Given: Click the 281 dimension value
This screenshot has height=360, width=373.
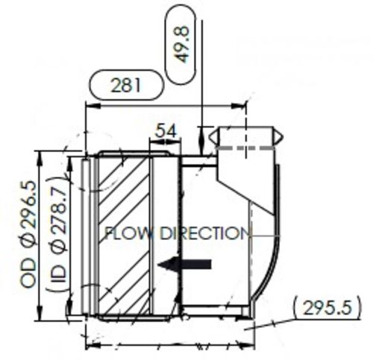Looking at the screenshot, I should (x=126, y=85).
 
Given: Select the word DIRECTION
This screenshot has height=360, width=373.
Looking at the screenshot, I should (x=204, y=233).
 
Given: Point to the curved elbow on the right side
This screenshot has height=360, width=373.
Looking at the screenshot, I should (x=265, y=246).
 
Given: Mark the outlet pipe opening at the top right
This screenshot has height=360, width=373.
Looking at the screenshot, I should (x=246, y=136).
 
